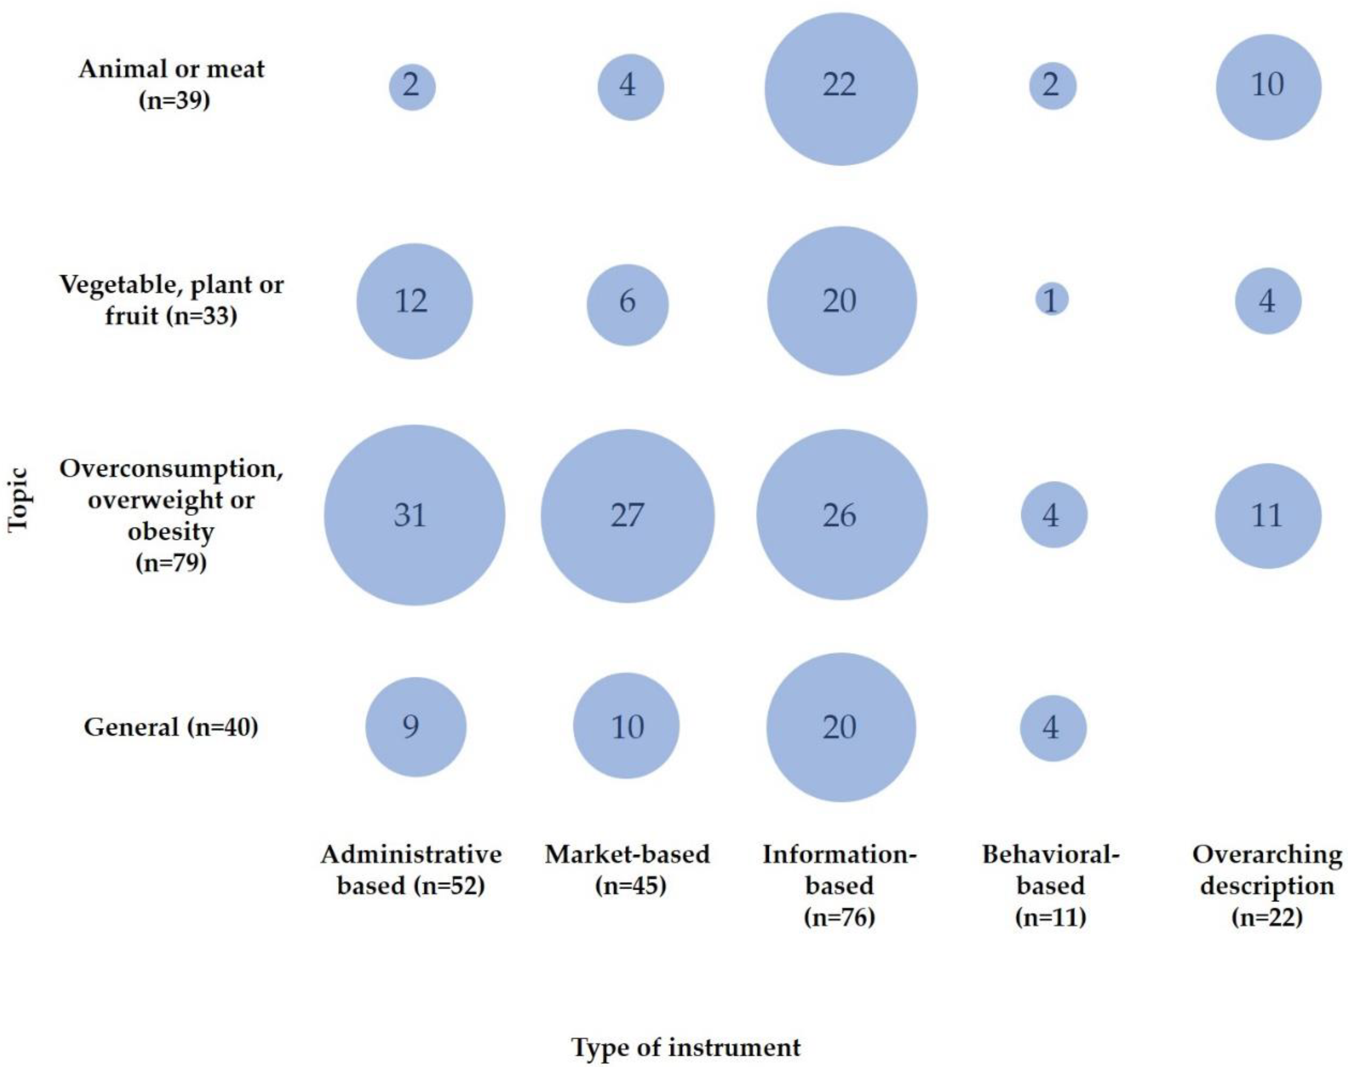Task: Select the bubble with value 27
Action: [627, 515]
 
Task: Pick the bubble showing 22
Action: [841, 89]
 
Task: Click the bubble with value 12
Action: [414, 301]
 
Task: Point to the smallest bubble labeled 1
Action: [1052, 299]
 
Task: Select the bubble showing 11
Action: [1268, 515]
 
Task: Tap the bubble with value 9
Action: [415, 727]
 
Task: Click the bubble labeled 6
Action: [627, 304]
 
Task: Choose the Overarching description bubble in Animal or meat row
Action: [1268, 87]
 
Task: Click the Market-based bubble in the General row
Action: [626, 725]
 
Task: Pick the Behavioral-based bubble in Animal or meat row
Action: [1052, 86]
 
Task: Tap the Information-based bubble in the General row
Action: [841, 727]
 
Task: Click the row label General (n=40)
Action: [170, 727]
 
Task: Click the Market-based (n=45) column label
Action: [627, 869]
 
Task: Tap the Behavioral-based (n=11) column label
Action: [1050, 884]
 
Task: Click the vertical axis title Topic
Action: [19, 500]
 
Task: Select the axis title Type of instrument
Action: [686, 1047]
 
